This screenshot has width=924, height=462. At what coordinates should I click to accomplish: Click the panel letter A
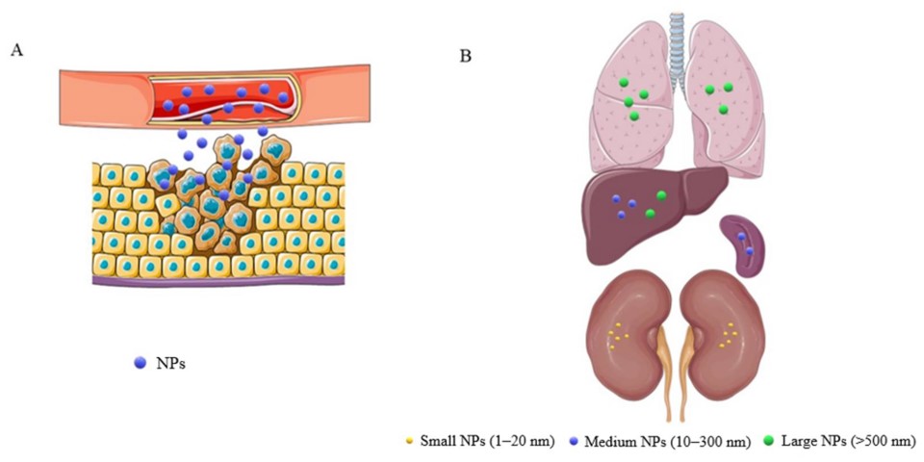(16, 51)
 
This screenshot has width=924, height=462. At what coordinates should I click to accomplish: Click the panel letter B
(465, 56)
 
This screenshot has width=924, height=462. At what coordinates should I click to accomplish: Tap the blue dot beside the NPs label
(141, 363)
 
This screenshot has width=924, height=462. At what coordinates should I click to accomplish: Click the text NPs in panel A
(170, 363)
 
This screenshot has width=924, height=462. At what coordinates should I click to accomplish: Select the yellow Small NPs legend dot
(409, 441)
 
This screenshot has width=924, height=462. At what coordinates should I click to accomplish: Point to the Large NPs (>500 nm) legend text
(849, 441)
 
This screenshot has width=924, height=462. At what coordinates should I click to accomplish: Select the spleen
(743, 244)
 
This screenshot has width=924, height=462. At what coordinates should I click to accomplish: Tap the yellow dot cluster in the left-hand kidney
(622, 334)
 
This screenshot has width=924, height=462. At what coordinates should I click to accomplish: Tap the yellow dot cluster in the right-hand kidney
(731, 334)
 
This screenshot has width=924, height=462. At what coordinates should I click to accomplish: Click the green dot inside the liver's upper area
(661, 195)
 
